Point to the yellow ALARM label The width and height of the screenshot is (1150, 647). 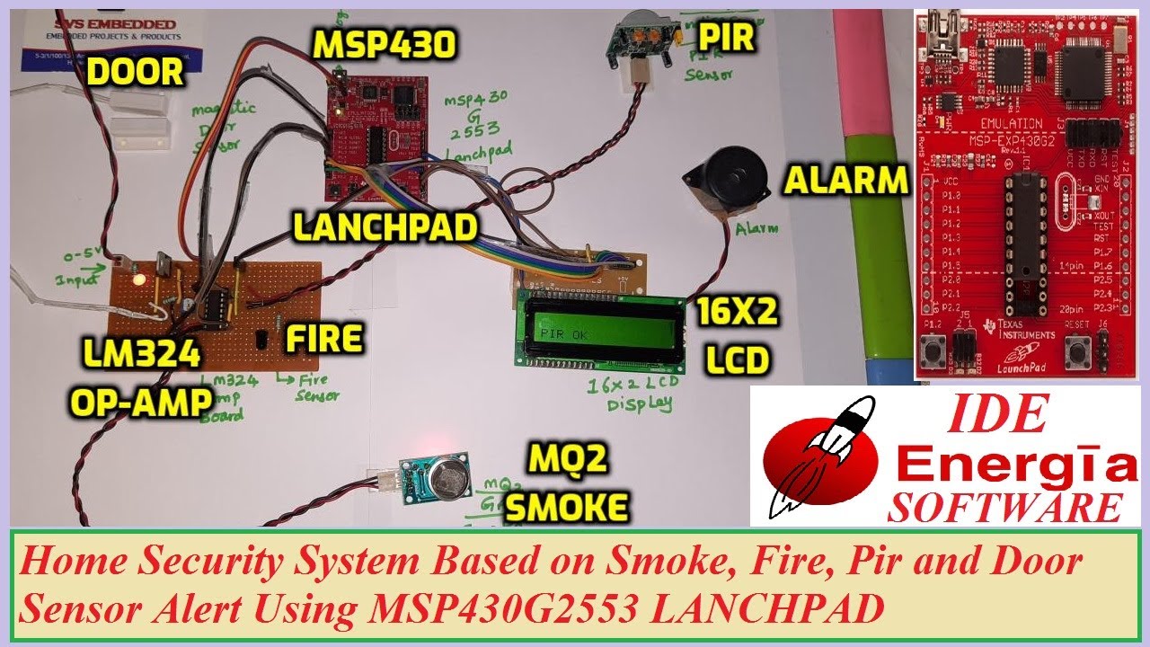tap(846, 181)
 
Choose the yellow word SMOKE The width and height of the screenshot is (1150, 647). tap(565, 509)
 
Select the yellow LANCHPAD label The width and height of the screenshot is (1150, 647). tap(385, 228)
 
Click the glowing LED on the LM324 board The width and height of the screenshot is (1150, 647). tap(138, 279)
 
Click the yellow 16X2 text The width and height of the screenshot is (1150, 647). tap(735, 315)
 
